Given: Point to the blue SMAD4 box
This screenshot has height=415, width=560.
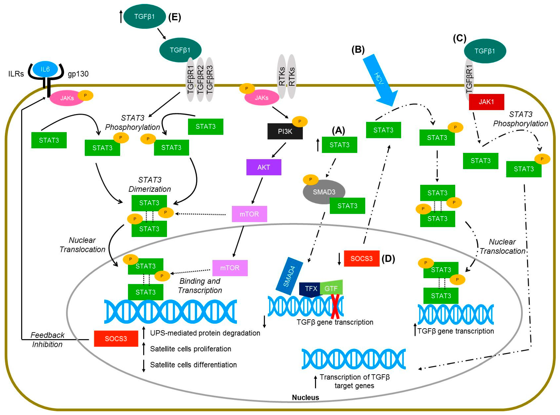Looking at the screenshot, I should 289,276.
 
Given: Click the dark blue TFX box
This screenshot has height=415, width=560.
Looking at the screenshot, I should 310,289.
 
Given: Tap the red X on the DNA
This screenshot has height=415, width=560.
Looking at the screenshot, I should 335,306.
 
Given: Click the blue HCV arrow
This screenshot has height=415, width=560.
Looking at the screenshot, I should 380,80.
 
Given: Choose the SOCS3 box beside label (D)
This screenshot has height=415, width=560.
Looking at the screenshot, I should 361,258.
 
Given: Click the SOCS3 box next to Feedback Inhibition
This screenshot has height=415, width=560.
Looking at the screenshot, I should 116,339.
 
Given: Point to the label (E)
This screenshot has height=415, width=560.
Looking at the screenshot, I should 175,17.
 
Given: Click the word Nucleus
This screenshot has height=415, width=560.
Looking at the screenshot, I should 305,397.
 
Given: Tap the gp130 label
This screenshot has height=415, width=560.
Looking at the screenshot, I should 78,74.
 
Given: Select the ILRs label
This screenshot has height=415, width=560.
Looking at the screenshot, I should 16,74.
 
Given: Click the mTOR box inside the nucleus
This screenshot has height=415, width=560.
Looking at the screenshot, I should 230,268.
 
